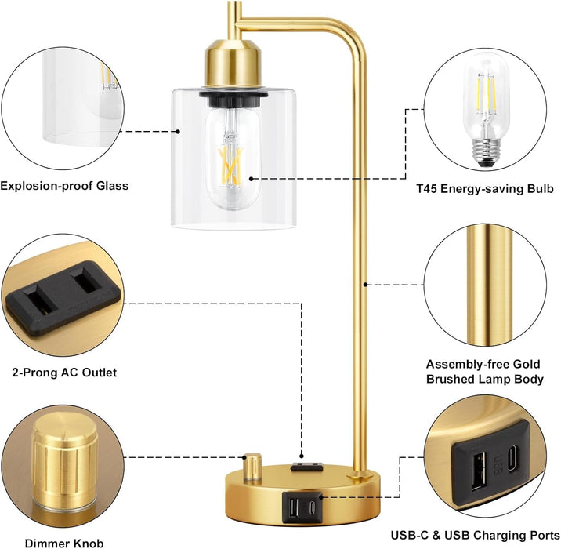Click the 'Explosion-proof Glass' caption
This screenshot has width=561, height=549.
[x=63, y=186]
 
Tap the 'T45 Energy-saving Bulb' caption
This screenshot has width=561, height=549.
[x=486, y=189]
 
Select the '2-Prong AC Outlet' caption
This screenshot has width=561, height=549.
[x=65, y=373]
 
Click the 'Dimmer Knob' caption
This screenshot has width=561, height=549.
[x=63, y=542]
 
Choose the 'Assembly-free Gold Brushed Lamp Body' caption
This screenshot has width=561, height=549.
[x=484, y=371]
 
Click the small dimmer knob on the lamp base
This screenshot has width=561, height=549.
[x=253, y=467]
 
